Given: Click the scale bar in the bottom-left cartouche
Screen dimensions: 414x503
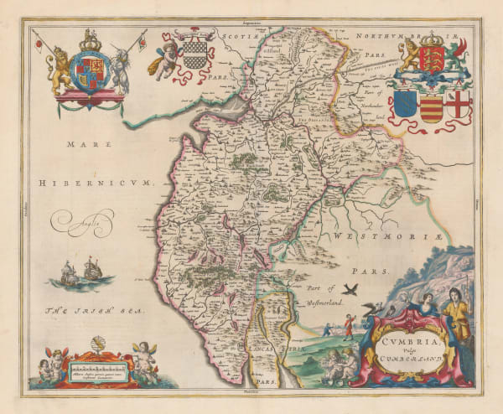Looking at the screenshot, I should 94,365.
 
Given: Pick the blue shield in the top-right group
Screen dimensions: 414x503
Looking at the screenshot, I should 405,106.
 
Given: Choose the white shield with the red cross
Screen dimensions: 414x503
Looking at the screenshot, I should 459,106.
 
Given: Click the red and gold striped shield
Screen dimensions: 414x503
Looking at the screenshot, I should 432,107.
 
